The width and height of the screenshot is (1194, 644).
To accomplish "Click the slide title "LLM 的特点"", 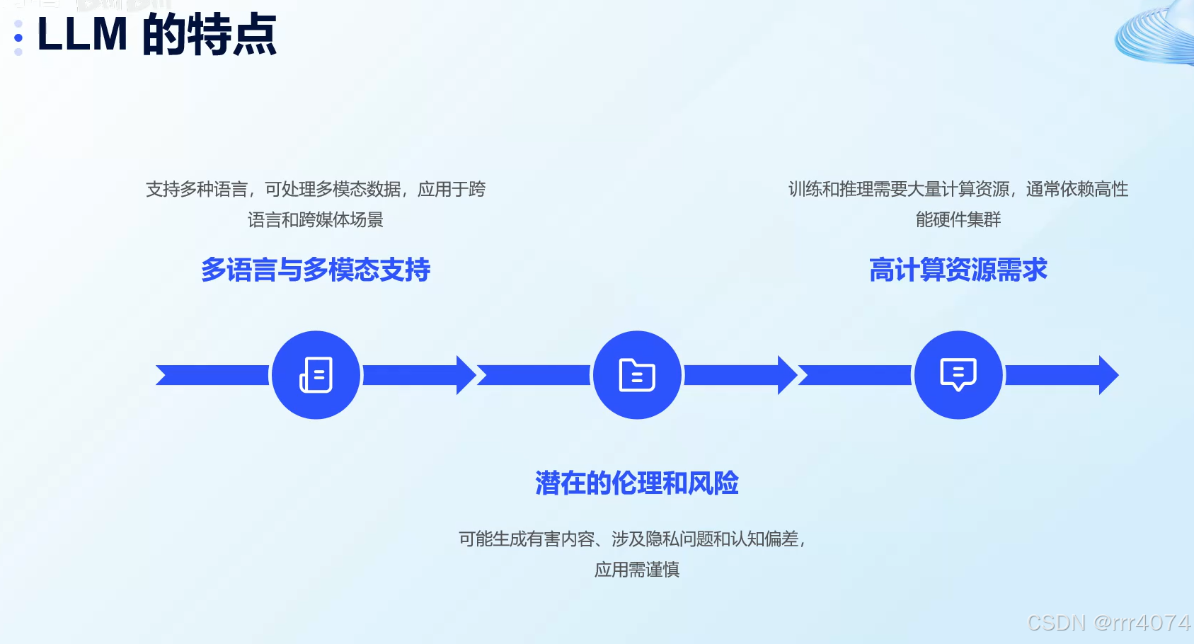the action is (x=156, y=35).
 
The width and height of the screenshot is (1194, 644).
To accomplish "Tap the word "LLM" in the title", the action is (x=82, y=35).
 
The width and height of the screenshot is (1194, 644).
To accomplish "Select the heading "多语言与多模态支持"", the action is (x=316, y=270).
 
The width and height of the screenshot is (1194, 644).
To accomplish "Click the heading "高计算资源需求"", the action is (x=958, y=270).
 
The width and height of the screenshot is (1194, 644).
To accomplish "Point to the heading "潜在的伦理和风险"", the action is (x=637, y=483).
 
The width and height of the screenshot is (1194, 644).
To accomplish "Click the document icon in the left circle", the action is (x=316, y=375).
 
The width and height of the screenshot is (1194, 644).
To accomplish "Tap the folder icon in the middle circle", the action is (x=637, y=375).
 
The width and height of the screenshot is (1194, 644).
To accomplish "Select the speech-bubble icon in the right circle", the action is (x=958, y=374).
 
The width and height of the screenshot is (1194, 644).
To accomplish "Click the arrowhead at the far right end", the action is (x=1108, y=375).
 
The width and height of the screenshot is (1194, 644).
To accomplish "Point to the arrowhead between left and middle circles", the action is (x=466, y=375).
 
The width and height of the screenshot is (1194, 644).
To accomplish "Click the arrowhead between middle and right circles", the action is (x=787, y=375).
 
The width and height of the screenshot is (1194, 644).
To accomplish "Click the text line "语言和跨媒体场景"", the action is (x=316, y=220).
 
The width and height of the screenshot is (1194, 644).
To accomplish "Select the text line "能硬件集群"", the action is (x=958, y=220).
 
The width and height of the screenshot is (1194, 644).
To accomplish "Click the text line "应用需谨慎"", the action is (x=637, y=570).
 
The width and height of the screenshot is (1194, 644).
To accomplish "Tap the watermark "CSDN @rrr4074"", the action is (x=1108, y=623).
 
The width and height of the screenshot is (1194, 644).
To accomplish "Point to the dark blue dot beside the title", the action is (x=18, y=38).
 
